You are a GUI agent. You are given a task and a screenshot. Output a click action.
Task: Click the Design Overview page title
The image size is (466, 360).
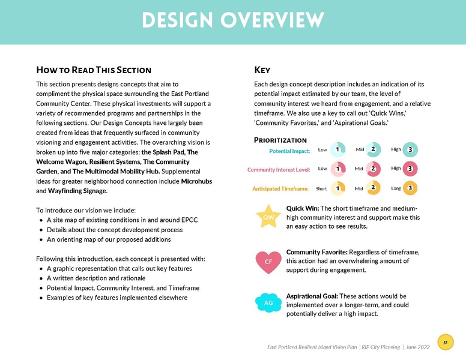pos(233,20)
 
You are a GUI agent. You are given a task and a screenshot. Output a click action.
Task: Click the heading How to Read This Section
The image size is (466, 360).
pos(94,70)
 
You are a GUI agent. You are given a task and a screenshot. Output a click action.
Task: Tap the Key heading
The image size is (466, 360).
pos(262,70)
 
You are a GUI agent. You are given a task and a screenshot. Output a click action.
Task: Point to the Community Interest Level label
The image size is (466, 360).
pos(279,170)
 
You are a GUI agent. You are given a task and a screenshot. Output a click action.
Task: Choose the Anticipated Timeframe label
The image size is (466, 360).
pos(281,189)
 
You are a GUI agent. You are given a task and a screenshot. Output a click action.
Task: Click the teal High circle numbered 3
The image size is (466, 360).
pos(410,149)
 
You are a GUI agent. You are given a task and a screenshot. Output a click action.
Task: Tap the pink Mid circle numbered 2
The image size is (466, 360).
pos(373,169)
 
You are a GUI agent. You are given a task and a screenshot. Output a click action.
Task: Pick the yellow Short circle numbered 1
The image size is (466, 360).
pos(338,188)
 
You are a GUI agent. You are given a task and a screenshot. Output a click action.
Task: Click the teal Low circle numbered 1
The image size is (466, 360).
pos(338,149)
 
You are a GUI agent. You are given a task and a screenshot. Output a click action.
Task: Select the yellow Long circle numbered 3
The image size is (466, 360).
pos(410,188)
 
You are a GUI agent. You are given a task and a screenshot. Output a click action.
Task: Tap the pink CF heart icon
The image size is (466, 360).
pos(268,261)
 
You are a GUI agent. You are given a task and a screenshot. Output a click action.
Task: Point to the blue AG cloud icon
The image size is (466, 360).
pos(268,303)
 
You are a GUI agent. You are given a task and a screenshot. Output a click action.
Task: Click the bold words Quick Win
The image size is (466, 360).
pos(303,208)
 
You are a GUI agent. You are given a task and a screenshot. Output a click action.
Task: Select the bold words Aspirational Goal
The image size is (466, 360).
pos(312,296)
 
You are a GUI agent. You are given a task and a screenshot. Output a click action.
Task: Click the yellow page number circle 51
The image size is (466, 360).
pos(445,343)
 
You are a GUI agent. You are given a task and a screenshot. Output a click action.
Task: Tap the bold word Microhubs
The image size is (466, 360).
pos(196,181)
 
